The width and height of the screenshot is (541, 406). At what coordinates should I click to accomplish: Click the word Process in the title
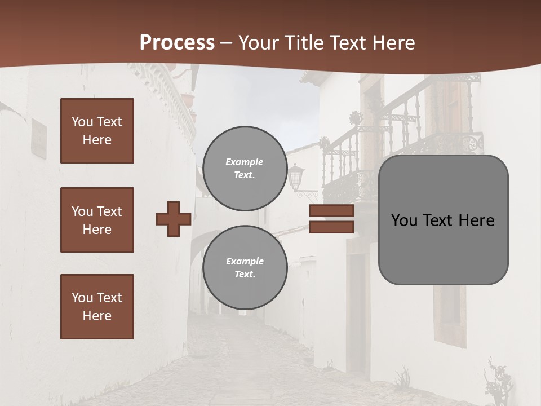pos(177,43)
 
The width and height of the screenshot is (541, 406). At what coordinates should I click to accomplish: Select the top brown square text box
pos(97,131)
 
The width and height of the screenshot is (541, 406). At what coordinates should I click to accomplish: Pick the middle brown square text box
pos(97,220)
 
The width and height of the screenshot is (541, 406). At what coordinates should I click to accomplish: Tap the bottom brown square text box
pos(97,307)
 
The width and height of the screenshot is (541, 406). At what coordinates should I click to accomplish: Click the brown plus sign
pos(174,219)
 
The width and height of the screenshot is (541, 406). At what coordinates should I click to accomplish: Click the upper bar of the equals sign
pos(332,211)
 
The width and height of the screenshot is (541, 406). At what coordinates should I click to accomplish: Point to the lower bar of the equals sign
pos(332,227)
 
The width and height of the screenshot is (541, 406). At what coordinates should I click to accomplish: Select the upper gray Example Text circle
pos(245,168)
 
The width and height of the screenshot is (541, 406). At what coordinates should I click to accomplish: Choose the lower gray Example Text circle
pos(245,267)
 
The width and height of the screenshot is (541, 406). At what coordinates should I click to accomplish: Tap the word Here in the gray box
pos(477,220)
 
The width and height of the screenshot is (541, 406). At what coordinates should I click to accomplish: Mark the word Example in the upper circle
pos(245,162)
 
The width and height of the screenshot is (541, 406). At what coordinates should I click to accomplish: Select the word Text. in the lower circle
pos(245,275)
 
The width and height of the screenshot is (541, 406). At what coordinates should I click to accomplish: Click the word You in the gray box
pos(403,220)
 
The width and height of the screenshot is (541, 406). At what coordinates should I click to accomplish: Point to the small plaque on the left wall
pos(38,138)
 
